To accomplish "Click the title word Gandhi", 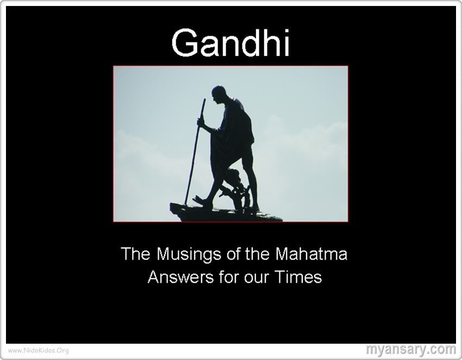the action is click(x=231, y=42).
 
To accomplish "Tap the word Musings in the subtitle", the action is click(x=188, y=255).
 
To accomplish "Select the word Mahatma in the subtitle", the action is click(x=311, y=254).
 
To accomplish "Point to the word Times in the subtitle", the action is click(x=298, y=277).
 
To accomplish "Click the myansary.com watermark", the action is click(x=411, y=349).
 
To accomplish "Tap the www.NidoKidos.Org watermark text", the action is click(x=38, y=350).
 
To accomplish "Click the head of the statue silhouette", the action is click(x=218, y=94).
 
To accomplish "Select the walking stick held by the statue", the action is click(x=195, y=152).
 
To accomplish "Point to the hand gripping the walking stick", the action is click(x=201, y=122).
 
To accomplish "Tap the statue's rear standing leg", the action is click(x=253, y=180).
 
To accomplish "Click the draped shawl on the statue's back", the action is click(x=239, y=124).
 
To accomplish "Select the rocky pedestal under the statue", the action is click(x=226, y=213).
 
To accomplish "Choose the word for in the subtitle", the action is click(x=229, y=277).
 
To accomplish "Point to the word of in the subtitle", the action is click(x=234, y=254).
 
